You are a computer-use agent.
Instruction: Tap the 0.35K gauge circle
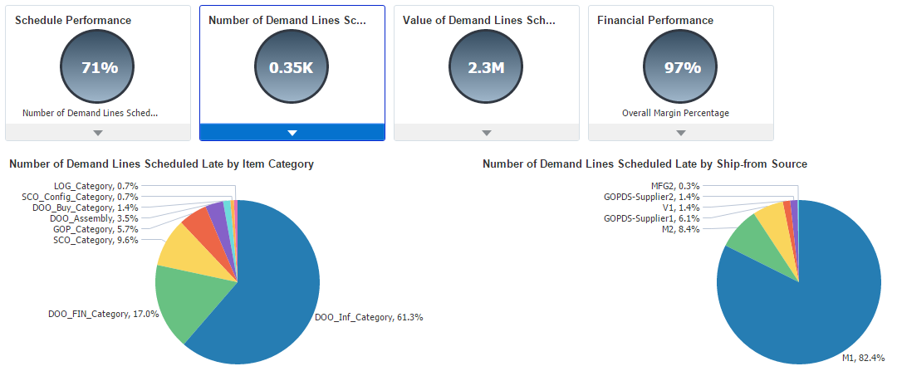click(292, 68)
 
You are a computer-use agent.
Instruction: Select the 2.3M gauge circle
click(486, 68)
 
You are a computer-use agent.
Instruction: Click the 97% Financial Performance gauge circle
click(681, 68)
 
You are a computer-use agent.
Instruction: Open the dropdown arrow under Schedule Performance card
click(98, 133)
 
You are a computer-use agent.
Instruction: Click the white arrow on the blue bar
click(292, 133)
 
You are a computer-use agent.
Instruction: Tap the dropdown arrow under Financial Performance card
click(681, 133)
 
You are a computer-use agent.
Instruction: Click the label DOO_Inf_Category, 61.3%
click(369, 317)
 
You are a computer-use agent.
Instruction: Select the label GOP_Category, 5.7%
click(96, 229)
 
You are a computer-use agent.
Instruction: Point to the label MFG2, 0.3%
click(675, 186)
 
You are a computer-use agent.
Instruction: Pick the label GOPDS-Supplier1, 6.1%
click(651, 218)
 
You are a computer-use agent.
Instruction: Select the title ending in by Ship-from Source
click(645, 164)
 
